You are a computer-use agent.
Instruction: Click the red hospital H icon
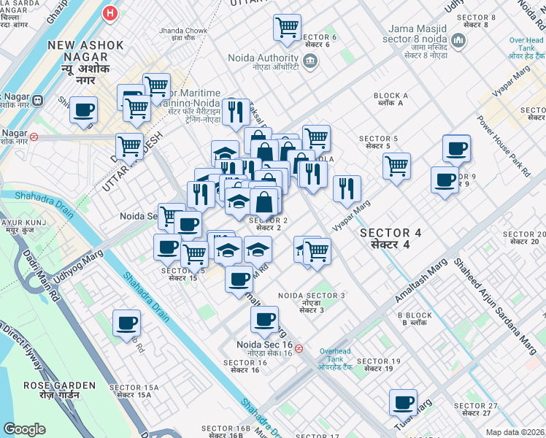110,12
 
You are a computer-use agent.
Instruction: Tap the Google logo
25,429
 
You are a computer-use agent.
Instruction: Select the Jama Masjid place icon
459,39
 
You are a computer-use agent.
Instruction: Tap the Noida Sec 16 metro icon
299,348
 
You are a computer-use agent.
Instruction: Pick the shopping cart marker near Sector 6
287,28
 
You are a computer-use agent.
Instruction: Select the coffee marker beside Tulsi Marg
402,401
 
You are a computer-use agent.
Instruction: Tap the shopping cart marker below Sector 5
396,165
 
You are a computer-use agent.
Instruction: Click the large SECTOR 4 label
391,238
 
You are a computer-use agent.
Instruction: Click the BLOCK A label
391,99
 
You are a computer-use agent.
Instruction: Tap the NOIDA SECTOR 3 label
311,299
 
